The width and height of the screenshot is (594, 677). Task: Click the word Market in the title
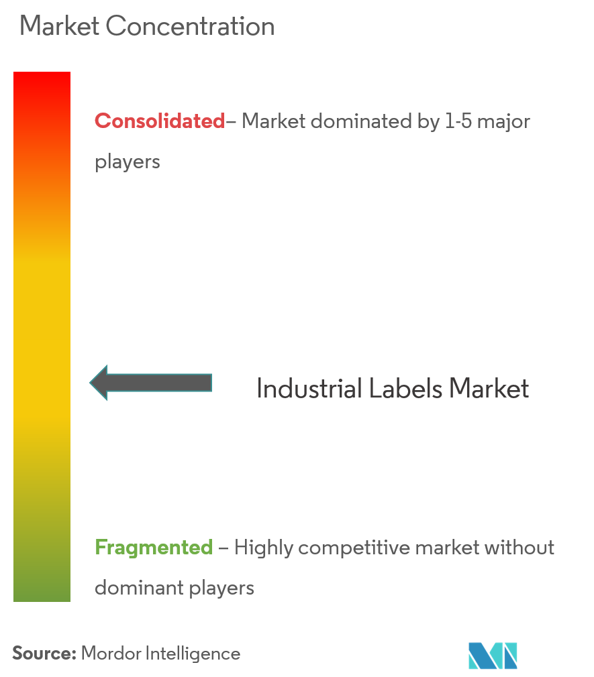(59, 26)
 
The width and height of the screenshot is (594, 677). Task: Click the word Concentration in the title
(190, 26)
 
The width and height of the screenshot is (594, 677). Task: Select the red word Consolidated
(160, 121)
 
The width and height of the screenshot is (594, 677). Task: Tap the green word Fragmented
(154, 548)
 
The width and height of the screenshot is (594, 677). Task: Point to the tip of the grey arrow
(90, 383)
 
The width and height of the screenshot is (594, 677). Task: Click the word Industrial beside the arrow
(309, 388)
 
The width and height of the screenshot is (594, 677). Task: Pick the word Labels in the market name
(406, 388)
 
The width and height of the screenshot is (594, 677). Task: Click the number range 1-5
(458, 121)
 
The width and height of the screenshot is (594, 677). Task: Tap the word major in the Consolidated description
(503, 122)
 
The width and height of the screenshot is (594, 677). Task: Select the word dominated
(360, 121)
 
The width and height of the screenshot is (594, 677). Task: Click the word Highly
(264, 548)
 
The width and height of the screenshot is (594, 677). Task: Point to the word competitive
(354, 548)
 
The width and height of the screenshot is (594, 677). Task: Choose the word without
(519, 548)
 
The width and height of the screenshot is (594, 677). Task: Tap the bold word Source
(44, 654)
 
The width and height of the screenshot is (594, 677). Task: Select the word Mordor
(111, 654)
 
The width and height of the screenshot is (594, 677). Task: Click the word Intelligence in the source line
(193, 654)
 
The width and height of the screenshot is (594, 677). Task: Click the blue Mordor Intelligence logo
(493, 656)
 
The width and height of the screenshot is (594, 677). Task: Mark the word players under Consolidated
(128, 163)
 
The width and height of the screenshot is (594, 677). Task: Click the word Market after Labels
(489, 388)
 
